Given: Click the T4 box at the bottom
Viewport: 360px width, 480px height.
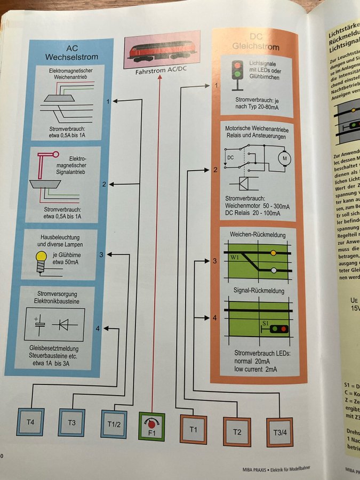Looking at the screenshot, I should (x=31, y=423).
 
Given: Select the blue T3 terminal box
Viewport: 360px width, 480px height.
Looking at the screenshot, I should (x=71, y=423).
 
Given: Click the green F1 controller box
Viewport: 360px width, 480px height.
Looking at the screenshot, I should (x=151, y=427).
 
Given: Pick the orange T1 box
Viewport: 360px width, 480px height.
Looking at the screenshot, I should (x=193, y=428).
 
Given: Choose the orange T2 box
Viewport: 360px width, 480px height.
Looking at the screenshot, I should (x=236, y=430).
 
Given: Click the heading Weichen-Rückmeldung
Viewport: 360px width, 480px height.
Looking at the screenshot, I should (x=257, y=235).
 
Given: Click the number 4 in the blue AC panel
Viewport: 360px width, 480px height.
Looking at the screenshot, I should (x=98, y=328).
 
